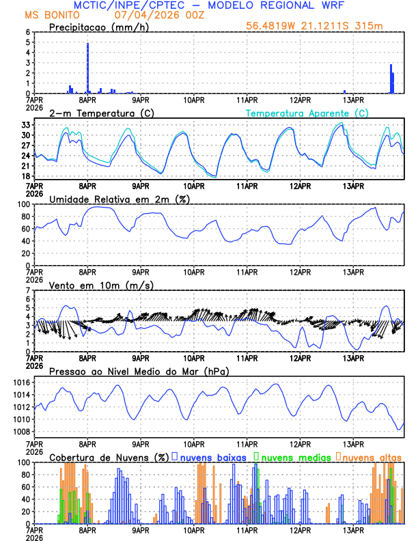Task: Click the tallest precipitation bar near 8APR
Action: (87, 68)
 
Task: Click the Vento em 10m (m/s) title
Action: (101, 285)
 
